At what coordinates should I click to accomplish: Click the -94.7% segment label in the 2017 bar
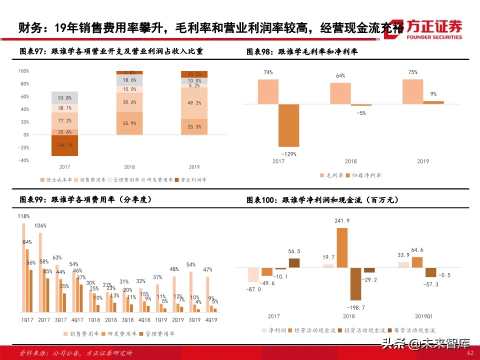point(60,145)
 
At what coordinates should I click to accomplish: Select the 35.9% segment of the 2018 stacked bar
point(129,123)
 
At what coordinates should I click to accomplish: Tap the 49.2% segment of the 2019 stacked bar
point(194,103)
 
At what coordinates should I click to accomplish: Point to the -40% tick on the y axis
point(23,160)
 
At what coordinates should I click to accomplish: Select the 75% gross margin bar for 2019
point(412,91)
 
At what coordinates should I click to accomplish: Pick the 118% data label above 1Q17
point(23,216)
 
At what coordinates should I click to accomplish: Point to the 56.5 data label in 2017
point(294,251)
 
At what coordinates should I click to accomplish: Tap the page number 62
point(469,353)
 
